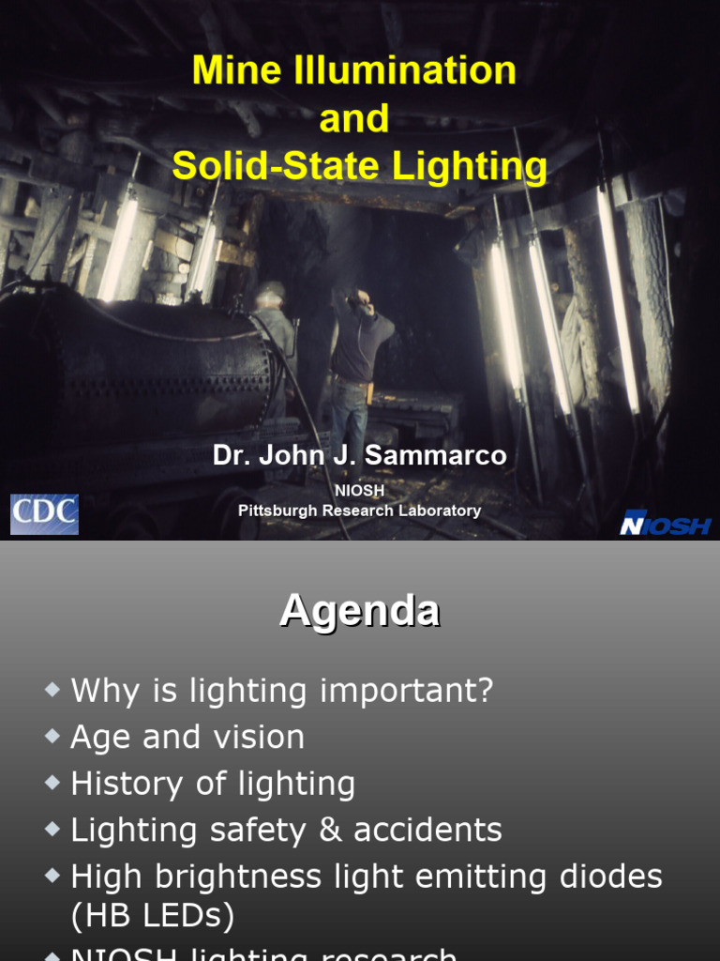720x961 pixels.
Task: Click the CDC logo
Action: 44,515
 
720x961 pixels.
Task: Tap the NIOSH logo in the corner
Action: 665,524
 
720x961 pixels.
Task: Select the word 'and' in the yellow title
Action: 353,119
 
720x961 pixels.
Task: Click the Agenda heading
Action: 359,611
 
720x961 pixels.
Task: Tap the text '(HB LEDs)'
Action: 153,916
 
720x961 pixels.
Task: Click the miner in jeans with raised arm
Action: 356,366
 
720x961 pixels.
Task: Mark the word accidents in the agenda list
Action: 432,830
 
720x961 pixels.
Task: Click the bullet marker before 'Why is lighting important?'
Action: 52,691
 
